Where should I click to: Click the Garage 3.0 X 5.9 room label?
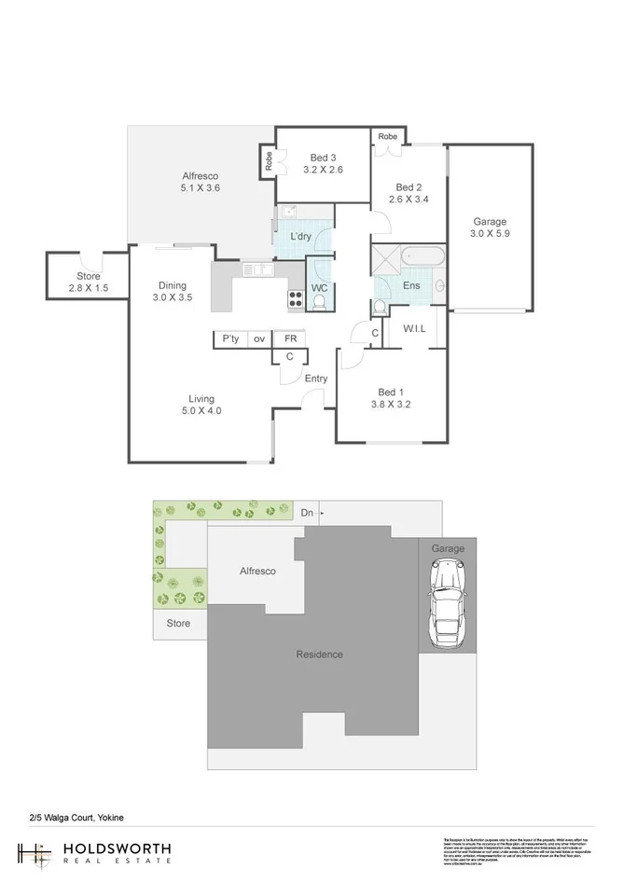pos(489,228)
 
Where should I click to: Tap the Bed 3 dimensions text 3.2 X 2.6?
pos(325,170)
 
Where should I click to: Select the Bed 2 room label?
pos(408,186)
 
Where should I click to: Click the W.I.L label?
pos(415,329)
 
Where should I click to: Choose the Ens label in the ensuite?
pos(410,285)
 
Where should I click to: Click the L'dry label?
pos(300,237)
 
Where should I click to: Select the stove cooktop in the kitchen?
pos(295,300)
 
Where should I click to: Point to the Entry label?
pos(316,378)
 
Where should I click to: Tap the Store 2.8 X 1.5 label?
pos(89,283)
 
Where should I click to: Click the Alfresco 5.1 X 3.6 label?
pos(200,182)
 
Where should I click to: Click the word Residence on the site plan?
pos(320,654)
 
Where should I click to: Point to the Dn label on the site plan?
pos(307,513)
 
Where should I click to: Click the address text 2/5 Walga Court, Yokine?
pos(76,818)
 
